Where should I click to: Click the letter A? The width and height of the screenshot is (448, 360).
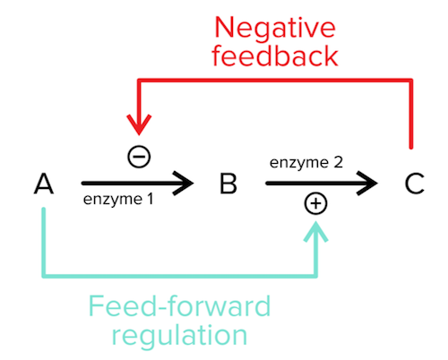tap(44, 184)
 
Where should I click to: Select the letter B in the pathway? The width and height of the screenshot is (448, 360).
tap(228, 184)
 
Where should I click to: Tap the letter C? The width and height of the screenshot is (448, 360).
tap(413, 184)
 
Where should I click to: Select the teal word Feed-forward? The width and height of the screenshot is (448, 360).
tap(179, 307)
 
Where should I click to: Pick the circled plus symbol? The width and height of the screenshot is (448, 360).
tap(316, 204)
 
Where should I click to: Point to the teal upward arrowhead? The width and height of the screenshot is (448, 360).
tap(316, 230)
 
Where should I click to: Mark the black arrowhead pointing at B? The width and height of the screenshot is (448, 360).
tap(185, 184)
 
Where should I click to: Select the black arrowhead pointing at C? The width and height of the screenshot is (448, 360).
tap(369, 184)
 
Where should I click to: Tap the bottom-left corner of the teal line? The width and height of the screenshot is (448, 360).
tap(44, 274)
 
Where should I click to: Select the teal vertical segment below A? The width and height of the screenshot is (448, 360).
tap(44, 242)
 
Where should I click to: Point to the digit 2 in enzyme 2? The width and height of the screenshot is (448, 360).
tap(340, 165)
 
